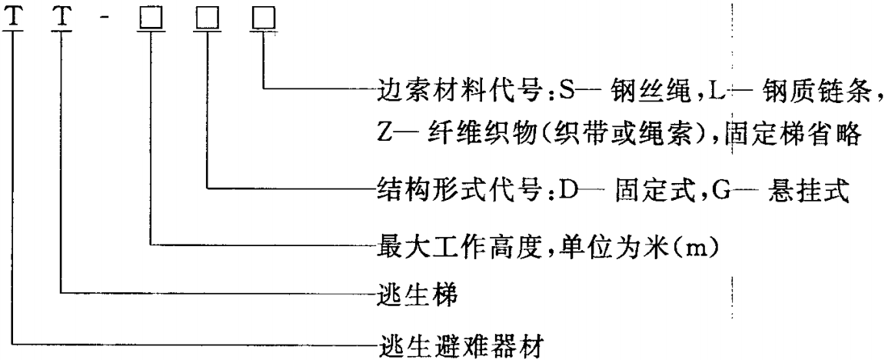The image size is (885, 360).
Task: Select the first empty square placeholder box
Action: [151, 19]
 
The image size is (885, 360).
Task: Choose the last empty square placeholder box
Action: [264, 19]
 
